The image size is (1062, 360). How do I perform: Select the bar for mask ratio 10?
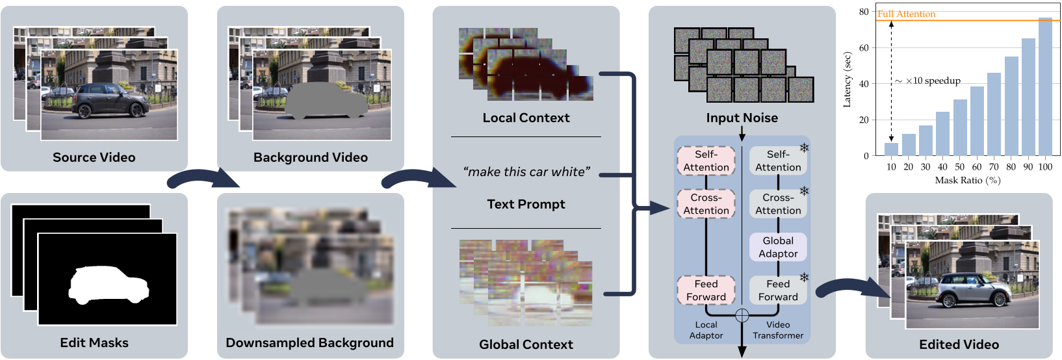click(x=891, y=149)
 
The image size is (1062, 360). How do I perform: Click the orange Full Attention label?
click(x=906, y=14)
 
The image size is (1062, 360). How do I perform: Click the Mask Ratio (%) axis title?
click(x=967, y=180)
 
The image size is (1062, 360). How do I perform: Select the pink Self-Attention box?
click(x=706, y=161)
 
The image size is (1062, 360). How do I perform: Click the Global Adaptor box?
click(x=778, y=247)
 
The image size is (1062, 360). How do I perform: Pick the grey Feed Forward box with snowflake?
click(x=778, y=290)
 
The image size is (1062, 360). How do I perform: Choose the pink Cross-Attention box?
click(x=706, y=204)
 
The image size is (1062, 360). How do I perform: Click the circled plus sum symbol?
click(x=742, y=316)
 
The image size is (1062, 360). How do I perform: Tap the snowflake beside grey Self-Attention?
click(x=804, y=148)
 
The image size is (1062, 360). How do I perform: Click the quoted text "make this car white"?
click(x=526, y=172)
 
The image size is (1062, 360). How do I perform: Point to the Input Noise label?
click(x=742, y=118)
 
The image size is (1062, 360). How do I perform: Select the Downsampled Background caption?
click(x=309, y=342)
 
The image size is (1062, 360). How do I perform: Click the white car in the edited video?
click(x=972, y=290)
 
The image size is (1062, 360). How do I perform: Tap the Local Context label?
click(x=526, y=118)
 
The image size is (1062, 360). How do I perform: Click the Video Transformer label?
click(x=778, y=330)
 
